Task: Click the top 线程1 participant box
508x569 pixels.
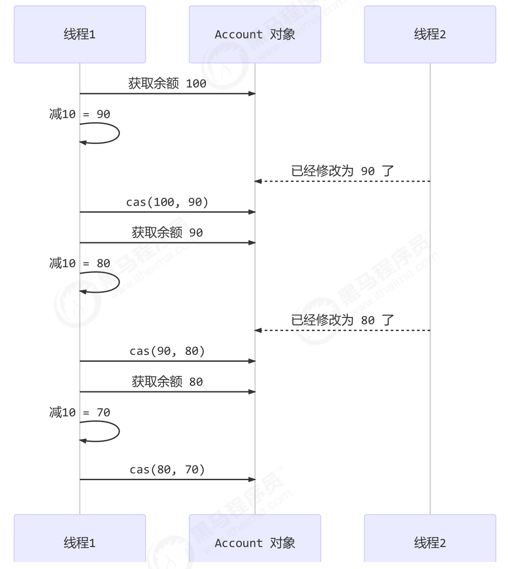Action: (x=80, y=34)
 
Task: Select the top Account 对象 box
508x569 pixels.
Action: (x=255, y=34)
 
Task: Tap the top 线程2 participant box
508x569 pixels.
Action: (x=430, y=34)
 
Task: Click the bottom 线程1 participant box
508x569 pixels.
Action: (x=80, y=542)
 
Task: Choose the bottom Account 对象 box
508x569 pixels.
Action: (x=255, y=542)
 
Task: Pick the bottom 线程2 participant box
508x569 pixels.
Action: (x=430, y=542)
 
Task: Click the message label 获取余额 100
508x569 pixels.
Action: (x=167, y=84)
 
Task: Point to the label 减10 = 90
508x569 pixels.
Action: (x=80, y=114)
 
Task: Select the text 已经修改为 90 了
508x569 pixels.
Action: (x=342, y=171)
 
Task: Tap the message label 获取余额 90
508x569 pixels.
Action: (x=167, y=233)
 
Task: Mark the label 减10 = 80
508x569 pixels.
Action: (x=80, y=263)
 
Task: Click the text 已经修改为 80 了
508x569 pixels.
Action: (x=342, y=320)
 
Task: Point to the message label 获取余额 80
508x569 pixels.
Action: (x=167, y=382)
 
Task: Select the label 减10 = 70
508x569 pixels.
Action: (x=80, y=412)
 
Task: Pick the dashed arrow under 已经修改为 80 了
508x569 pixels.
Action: (x=342, y=331)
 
